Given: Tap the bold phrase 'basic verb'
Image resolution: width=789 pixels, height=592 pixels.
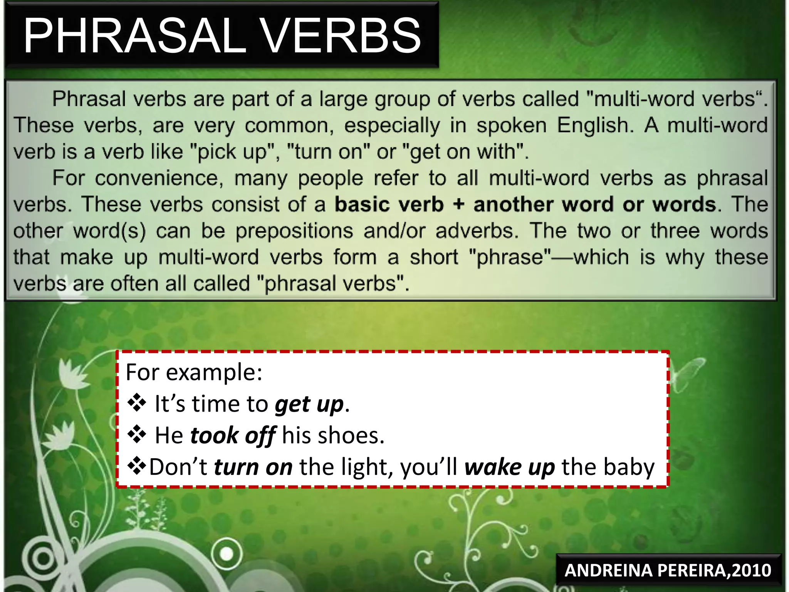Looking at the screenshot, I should pos(389,204).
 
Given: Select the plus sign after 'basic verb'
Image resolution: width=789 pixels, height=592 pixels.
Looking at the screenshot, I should pos(458,204).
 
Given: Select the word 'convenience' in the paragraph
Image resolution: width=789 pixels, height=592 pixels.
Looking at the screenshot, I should pos(159,178).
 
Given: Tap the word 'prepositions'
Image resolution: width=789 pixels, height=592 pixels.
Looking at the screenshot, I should pos(294,231).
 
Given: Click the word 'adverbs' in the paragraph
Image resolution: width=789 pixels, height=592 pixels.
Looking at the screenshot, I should pos(477,231).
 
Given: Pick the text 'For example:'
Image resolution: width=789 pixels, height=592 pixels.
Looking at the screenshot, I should pos(194,372).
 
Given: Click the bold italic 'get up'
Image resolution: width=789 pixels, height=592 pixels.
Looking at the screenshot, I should pos(309,404).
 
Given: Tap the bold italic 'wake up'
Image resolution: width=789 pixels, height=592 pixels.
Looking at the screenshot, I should pos(509,467).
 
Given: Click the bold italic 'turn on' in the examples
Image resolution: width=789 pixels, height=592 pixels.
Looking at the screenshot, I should pos(253,467).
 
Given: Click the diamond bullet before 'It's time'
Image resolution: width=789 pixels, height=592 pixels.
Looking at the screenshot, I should pos(137,404).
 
